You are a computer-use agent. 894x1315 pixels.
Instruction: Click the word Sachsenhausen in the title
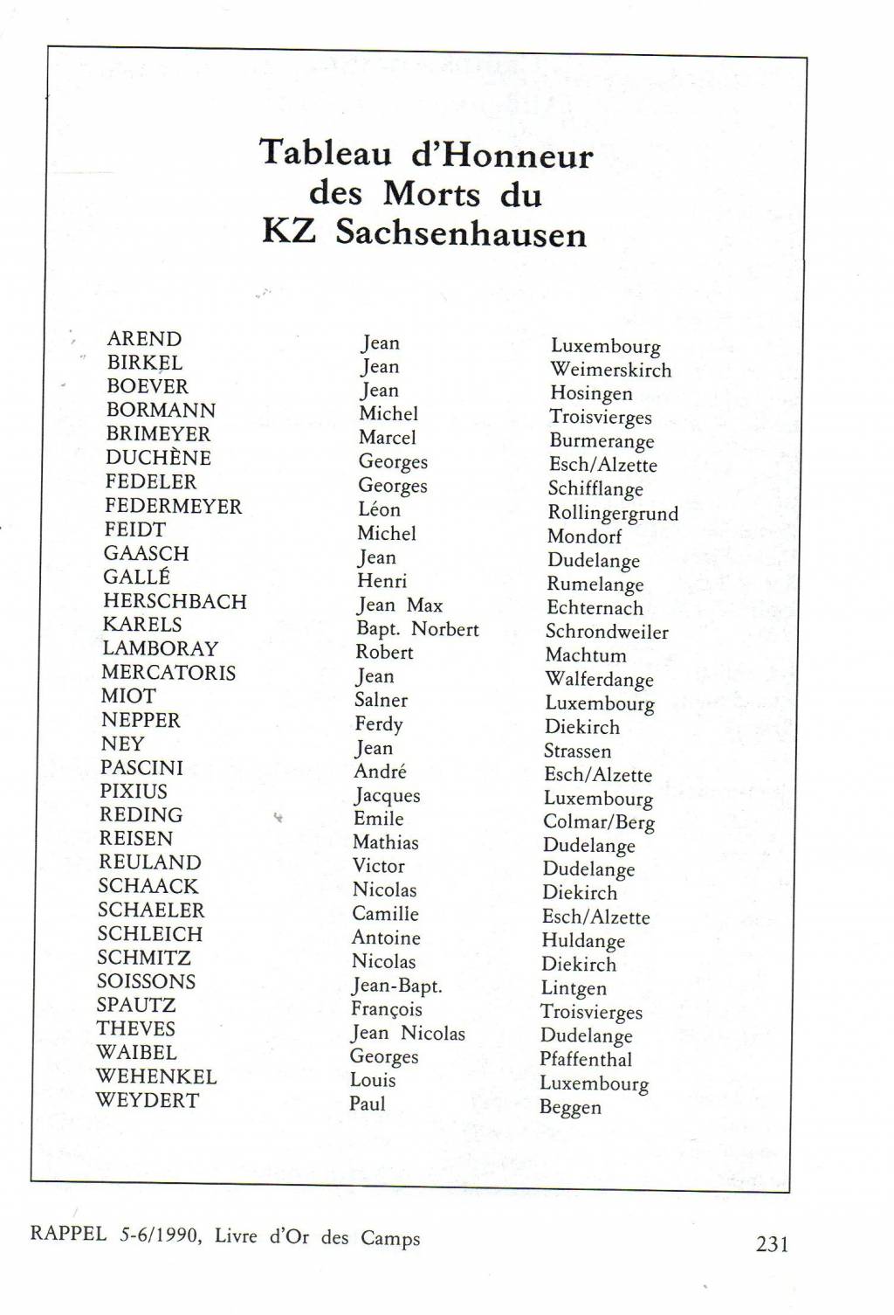click(x=461, y=233)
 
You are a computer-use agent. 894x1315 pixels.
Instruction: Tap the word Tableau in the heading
click(x=327, y=153)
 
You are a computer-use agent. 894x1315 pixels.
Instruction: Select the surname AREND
click(x=144, y=339)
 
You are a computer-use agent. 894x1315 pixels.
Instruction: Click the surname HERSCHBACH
click(x=175, y=601)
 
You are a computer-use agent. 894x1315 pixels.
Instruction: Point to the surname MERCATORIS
click(x=168, y=673)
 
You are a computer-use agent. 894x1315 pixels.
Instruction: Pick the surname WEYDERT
click(x=147, y=1100)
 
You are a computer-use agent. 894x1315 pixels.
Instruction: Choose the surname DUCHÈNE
click(x=158, y=458)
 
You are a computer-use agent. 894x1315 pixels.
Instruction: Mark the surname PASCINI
click(x=141, y=768)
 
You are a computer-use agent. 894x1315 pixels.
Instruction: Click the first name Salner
click(x=381, y=700)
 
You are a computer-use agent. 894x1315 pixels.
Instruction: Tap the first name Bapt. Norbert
click(x=417, y=629)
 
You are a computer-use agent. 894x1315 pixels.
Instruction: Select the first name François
click(x=387, y=1009)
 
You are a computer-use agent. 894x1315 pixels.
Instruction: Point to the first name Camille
click(x=385, y=914)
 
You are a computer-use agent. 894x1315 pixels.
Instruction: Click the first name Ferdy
click(x=378, y=724)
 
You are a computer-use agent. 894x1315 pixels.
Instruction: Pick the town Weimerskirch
click(x=610, y=370)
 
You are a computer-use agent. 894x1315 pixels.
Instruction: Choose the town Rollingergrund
click(x=613, y=513)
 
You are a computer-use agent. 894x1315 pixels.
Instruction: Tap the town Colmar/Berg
click(x=599, y=822)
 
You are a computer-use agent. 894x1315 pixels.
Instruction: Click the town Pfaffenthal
click(x=586, y=1060)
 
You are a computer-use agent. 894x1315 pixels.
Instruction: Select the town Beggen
click(x=570, y=1107)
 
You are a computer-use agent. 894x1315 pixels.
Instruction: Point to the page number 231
click(x=772, y=1243)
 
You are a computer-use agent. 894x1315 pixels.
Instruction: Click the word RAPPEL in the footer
click(x=68, y=1234)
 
